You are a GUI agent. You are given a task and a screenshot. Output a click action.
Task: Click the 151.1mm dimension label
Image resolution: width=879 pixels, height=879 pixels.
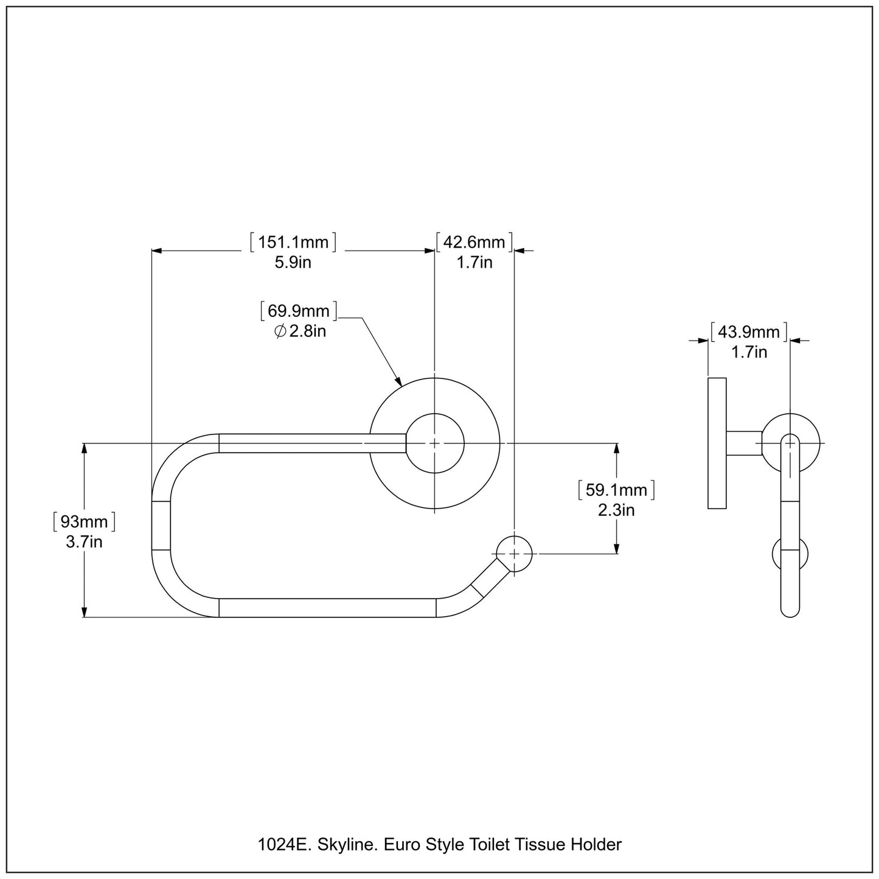pos(293,243)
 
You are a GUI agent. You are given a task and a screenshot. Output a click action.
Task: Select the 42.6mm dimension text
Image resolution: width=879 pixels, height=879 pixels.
pos(474,243)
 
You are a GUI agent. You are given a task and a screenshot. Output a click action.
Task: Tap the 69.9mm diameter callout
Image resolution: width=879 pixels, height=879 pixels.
pos(299,311)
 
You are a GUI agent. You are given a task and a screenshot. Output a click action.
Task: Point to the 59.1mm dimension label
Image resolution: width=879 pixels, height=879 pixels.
pos(616,490)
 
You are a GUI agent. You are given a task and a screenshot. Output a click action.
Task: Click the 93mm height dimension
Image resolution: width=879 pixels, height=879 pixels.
pos(84,522)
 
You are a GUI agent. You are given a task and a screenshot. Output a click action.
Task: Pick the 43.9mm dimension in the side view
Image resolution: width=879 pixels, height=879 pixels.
pos(749,332)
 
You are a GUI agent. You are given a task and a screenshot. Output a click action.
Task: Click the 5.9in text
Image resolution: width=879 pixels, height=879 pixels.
pos(293,263)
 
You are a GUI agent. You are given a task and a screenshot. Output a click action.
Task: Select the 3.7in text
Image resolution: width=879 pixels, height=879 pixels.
pos(84,541)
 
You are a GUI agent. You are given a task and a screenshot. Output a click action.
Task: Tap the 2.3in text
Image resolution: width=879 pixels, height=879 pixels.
pos(616,510)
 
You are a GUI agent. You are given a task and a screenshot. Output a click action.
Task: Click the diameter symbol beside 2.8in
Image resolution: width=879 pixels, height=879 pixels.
pos(280,332)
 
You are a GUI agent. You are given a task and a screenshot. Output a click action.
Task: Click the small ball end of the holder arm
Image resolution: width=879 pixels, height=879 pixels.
pos(515,554)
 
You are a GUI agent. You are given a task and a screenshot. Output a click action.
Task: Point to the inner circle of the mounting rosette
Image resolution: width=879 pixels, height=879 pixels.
pos(435,443)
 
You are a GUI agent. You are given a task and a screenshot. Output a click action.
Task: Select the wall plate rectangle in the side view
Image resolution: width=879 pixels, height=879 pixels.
pos(717,443)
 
